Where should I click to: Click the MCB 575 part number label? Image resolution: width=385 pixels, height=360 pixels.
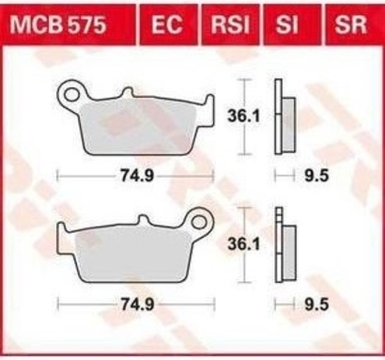58,24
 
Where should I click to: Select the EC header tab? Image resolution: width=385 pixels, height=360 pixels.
167,24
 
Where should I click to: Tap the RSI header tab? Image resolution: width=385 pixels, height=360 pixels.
230,24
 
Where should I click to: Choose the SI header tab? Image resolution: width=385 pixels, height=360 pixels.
286,24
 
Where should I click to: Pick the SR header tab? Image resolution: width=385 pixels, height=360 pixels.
350,24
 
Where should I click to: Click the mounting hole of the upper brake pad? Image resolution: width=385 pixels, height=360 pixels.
72,94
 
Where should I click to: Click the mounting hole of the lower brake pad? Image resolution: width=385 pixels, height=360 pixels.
199,222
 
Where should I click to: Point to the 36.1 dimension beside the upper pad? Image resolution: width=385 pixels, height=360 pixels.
243,117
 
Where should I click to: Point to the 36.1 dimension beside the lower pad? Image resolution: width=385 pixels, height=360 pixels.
243,244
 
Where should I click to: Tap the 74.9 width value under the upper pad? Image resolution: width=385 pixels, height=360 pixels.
137,177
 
